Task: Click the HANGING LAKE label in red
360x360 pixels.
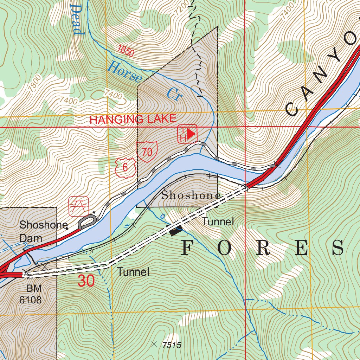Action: point(133,119)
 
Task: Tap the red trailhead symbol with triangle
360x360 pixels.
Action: point(188,134)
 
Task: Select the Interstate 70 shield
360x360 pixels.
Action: point(147,152)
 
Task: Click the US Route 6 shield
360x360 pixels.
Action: point(125,167)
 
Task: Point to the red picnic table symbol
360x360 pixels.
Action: point(79,206)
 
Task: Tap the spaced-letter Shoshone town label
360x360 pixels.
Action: point(191,196)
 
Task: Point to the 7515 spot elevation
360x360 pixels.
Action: point(171,345)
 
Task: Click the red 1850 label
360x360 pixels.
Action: point(126,51)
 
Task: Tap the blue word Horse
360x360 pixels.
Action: point(124,72)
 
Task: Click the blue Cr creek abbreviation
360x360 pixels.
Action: point(173,94)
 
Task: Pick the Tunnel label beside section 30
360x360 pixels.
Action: point(133,272)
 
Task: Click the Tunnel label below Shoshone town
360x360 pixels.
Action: point(218,221)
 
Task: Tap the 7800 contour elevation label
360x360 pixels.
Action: point(35,84)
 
